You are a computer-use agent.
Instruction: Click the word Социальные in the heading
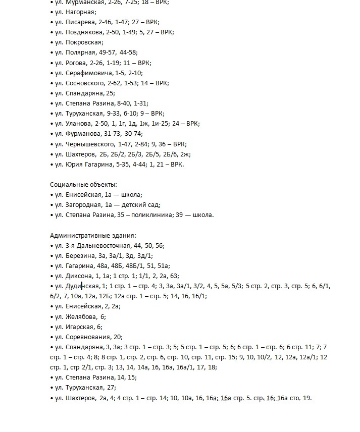point(67,185)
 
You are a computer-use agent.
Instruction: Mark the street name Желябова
point(82,317)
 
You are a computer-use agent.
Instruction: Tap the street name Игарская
point(80,327)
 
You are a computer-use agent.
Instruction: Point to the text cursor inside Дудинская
point(81,286)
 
